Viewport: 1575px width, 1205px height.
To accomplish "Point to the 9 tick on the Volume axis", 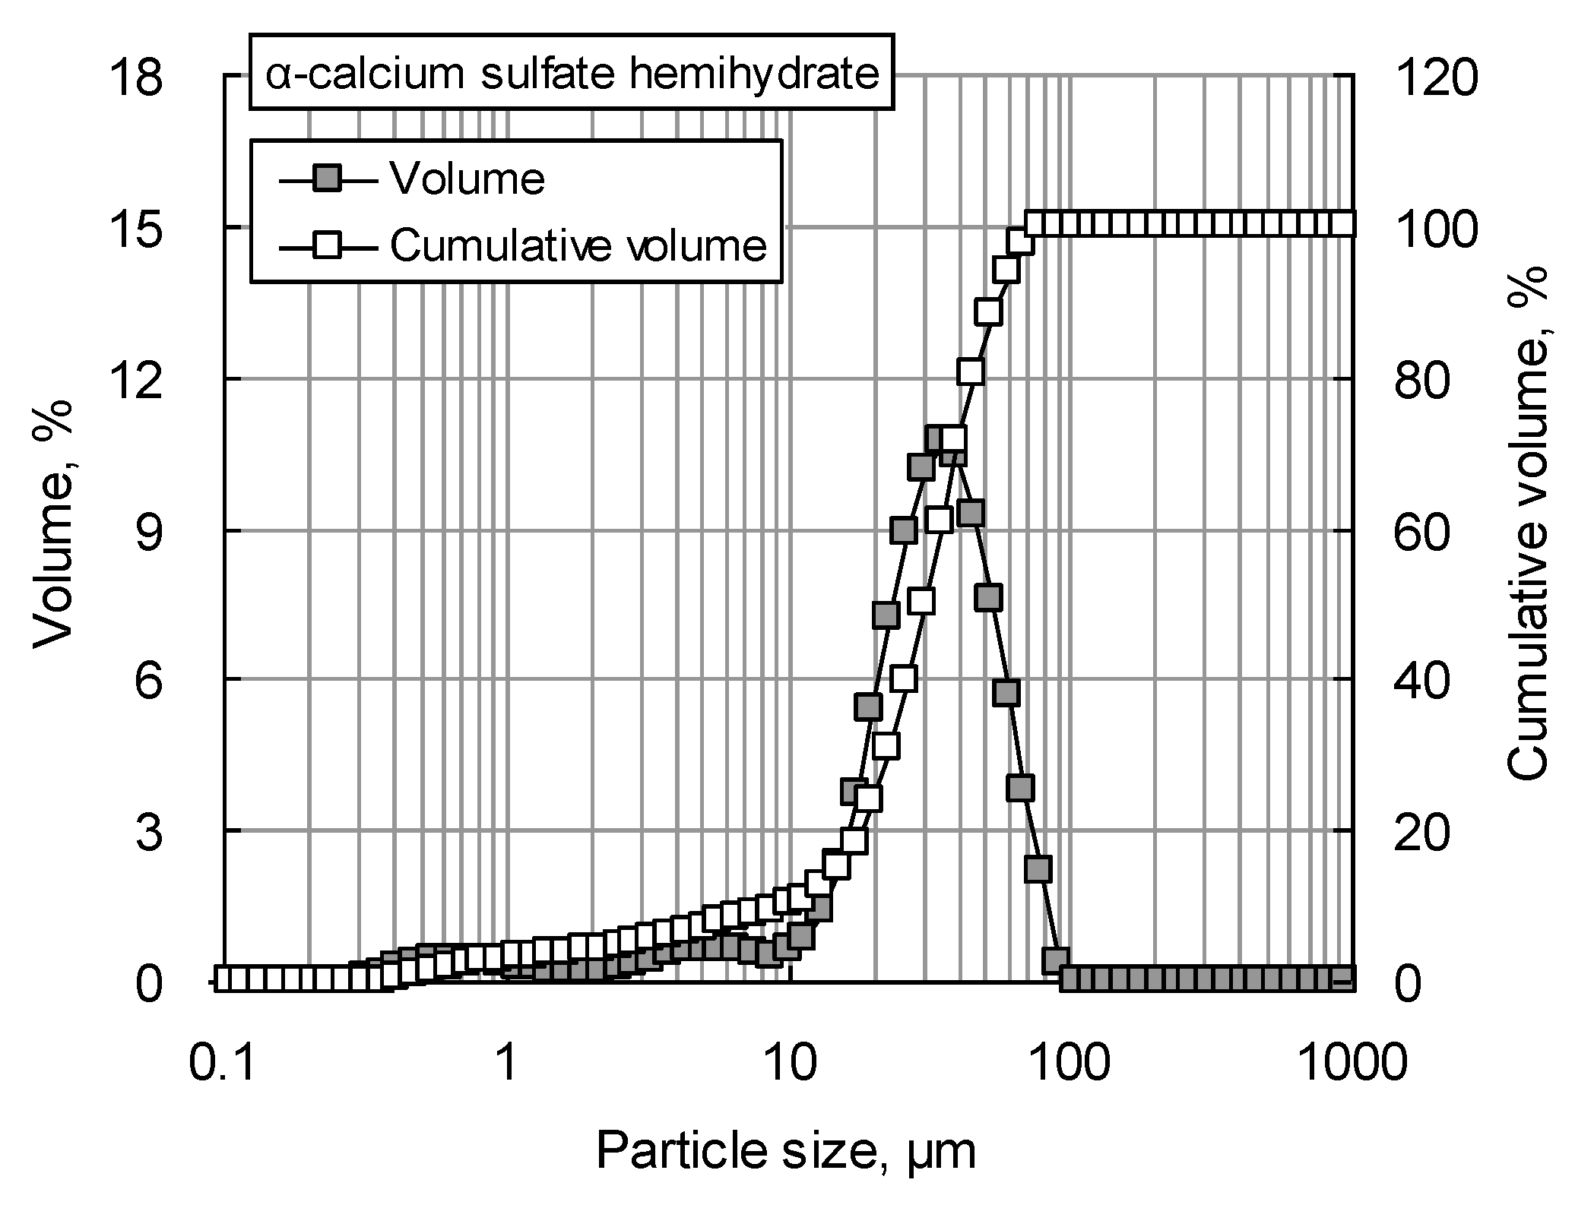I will coord(150,531).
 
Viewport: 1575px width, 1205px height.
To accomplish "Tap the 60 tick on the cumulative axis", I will coord(1422,531).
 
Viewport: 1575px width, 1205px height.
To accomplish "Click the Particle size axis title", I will coord(785,1150).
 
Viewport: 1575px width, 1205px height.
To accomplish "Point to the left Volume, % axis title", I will coord(53,524).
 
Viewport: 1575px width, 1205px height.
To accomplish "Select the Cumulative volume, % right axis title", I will coord(1526,524).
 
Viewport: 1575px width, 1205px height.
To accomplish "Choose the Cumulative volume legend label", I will coord(578,245).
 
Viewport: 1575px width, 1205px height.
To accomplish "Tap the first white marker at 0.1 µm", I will coord(223,979).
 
